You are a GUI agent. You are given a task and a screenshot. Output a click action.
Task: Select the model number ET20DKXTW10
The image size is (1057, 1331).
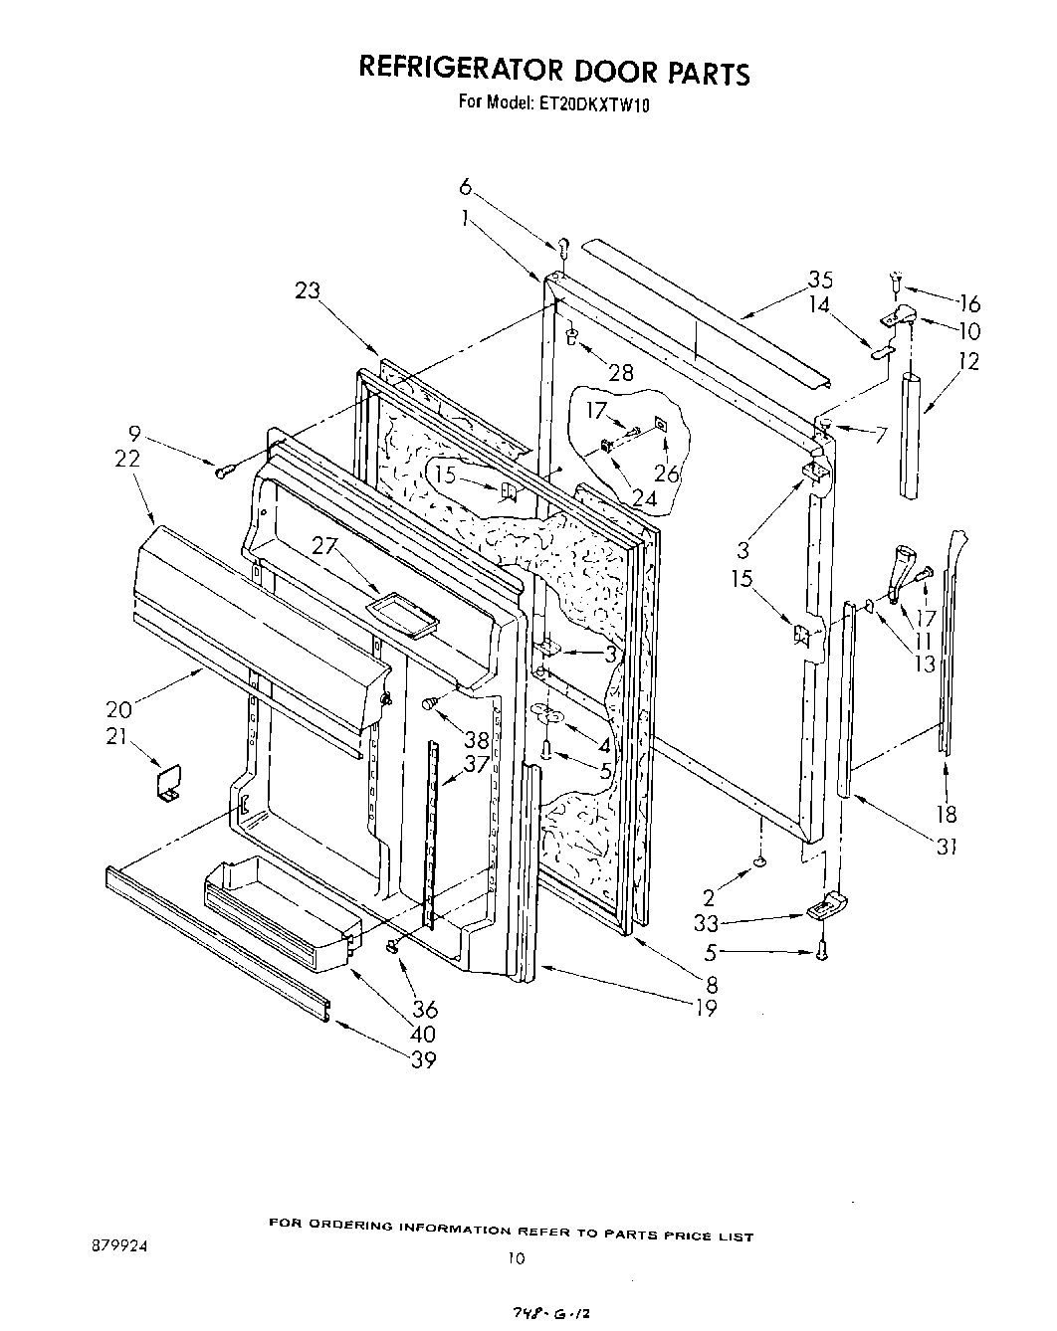595,102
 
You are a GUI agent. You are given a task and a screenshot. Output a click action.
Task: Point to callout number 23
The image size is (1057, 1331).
309,290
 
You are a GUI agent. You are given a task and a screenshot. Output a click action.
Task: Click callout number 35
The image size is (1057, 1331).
820,280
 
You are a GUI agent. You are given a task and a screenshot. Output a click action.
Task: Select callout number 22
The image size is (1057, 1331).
127,459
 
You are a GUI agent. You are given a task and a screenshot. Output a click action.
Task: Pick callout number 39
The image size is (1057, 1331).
423,1060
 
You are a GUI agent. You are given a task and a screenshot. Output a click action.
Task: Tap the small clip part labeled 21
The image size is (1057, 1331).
167,781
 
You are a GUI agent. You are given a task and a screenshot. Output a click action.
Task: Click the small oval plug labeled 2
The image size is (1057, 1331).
761,861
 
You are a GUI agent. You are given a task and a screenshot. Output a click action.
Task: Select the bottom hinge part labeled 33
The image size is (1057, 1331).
826,905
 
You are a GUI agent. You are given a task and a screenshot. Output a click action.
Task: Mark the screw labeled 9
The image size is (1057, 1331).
224,472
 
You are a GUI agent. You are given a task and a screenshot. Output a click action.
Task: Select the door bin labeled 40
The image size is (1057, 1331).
279,915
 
